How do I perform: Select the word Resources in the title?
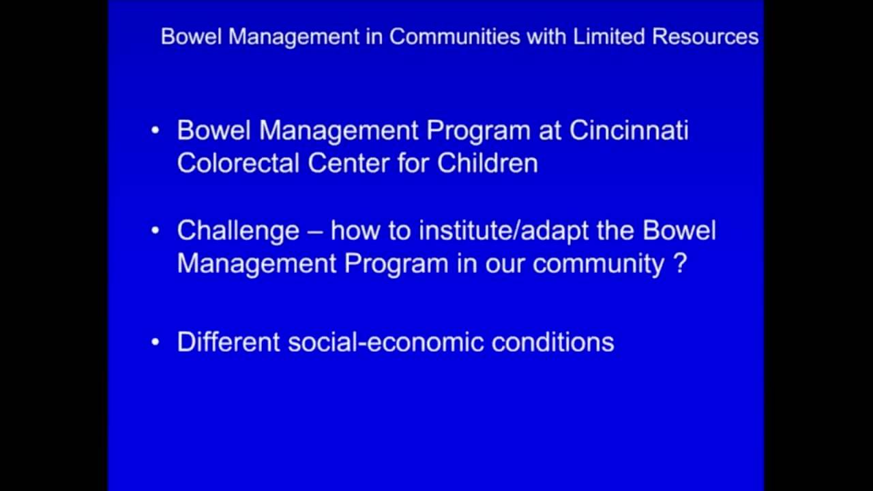click(705, 37)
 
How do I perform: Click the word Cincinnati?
click(629, 130)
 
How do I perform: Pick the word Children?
click(488, 163)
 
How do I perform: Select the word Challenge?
click(238, 230)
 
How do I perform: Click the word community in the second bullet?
click(598, 264)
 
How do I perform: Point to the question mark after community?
click(679, 264)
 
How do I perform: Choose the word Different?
click(228, 342)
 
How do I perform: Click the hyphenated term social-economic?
click(385, 342)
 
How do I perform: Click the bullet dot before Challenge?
click(156, 230)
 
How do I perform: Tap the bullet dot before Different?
click(156, 342)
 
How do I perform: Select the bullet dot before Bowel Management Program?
click(156, 130)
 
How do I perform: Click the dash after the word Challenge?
click(315, 231)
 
